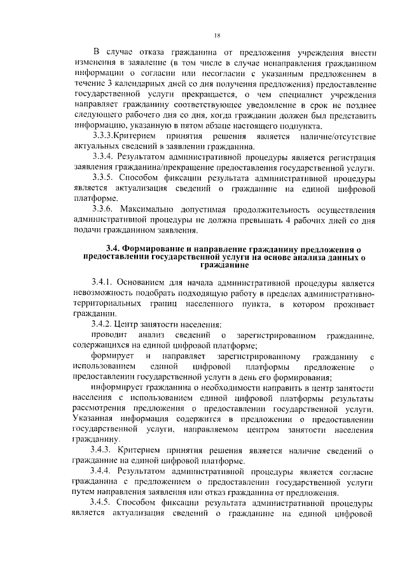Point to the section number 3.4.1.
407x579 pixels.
(105, 283)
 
